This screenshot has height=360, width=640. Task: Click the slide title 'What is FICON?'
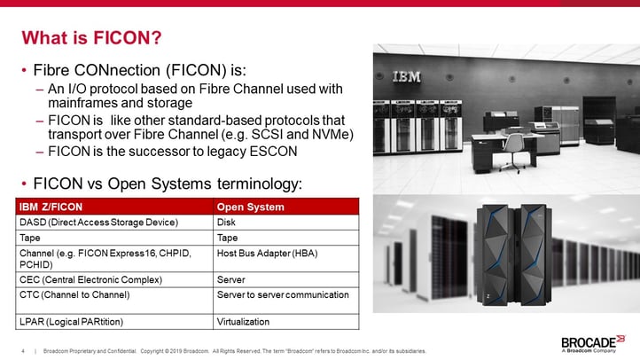[x=91, y=37]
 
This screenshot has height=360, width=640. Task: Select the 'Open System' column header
[x=251, y=207]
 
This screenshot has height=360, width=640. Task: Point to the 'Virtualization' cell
[x=244, y=321]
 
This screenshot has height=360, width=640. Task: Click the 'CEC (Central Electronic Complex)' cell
[x=90, y=279]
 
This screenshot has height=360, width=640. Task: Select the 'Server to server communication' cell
[x=283, y=293]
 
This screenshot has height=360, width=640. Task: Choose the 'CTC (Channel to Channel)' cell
[x=74, y=293]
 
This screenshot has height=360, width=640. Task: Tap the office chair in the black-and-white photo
[x=511, y=159]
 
